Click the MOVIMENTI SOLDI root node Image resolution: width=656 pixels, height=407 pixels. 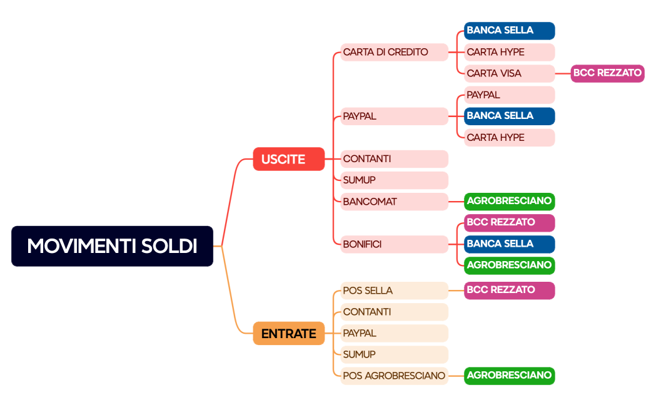(112, 246)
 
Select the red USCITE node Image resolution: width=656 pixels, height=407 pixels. (289, 159)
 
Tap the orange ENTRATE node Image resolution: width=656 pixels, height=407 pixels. (289, 333)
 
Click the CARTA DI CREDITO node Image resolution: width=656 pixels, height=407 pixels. (394, 53)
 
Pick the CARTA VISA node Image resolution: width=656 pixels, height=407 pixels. (510, 74)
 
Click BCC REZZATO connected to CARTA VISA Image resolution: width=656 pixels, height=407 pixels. (607, 74)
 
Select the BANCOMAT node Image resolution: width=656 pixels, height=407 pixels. (394, 202)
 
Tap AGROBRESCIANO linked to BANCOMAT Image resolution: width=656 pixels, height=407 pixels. (510, 202)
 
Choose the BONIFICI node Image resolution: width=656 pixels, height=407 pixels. (394, 245)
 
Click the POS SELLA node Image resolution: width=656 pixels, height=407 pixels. (394, 291)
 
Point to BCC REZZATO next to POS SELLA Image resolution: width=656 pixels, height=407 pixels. (510, 291)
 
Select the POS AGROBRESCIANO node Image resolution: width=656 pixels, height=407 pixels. (394, 376)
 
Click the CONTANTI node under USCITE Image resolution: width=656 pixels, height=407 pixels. (394, 159)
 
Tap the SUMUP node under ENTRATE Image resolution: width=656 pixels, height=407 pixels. (394, 354)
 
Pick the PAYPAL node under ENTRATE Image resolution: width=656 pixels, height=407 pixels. (394, 333)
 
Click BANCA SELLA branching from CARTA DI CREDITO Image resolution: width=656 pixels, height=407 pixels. (510, 31)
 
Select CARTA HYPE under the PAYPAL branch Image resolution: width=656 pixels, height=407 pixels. (510, 138)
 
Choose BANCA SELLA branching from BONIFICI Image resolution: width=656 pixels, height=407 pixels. (510, 245)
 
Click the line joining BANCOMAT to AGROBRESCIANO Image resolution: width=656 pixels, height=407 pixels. (457, 202)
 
